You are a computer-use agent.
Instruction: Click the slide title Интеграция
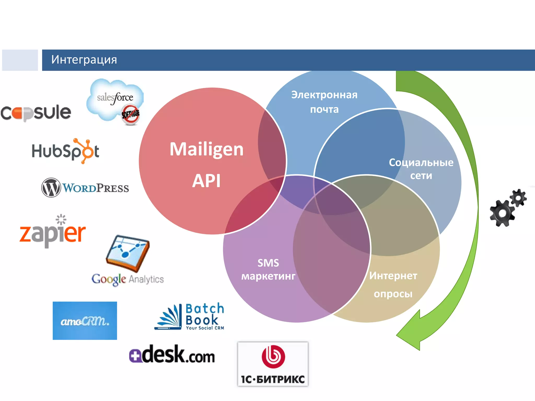point(84,60)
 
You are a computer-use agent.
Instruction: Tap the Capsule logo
point(36,113)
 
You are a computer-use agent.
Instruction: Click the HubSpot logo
point(65,151)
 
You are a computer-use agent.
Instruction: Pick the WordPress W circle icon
point(51,187)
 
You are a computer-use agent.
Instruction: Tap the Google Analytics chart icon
point(128,253)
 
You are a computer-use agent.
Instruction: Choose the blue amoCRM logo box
point(85,321)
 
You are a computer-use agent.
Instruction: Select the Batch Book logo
point(189,317)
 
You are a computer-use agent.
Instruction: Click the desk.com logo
point(172,355)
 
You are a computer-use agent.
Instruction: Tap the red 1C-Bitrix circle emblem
point(273,357)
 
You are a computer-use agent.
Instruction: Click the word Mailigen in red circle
point(206,149)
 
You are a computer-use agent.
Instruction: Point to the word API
point(206,181)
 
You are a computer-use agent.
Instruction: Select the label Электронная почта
point(324,102)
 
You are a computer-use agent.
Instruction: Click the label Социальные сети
point(421,169)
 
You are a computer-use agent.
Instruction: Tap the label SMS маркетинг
point(268,269)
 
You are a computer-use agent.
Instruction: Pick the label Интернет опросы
point(393,285)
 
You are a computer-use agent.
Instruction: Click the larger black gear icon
point(502,213)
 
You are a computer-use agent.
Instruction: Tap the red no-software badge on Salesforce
point(130,114)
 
